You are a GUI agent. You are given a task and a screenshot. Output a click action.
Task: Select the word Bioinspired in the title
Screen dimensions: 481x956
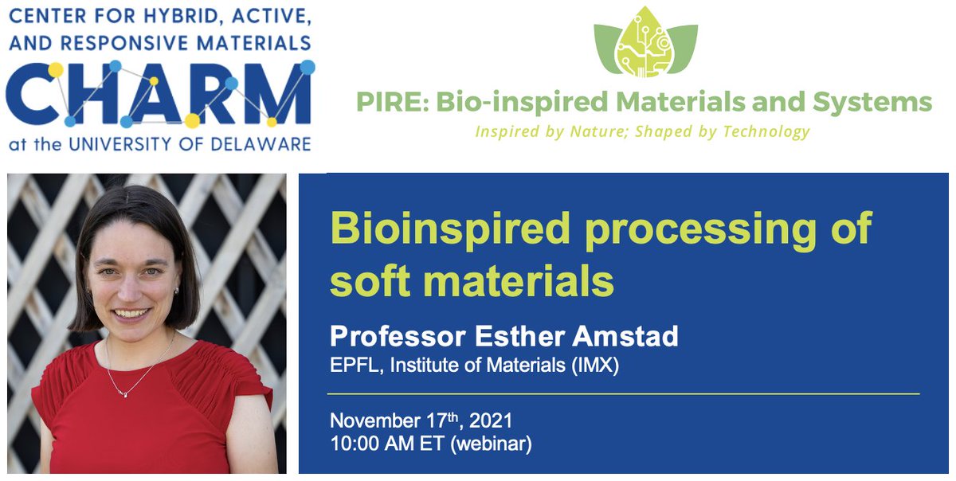pos(452,229)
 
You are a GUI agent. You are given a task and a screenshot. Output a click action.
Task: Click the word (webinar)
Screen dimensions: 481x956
pos(492,444)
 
